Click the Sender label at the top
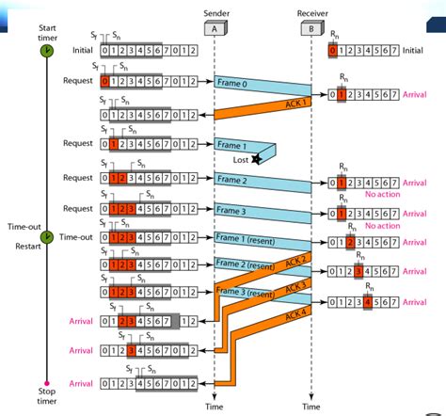click(x=215, y=14)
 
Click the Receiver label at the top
click(x=311, y=14)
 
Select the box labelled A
click(x=215, y=29)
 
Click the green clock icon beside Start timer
click(x=44, y=54)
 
